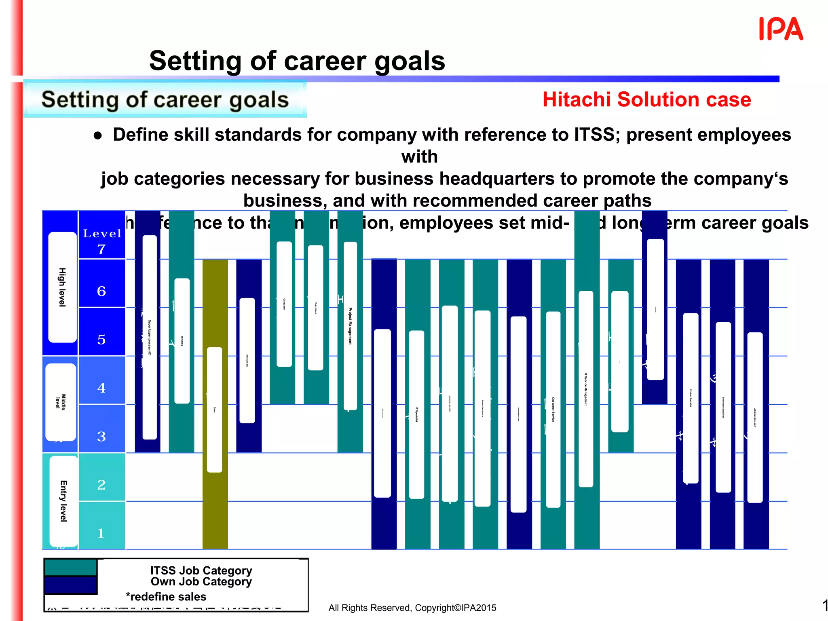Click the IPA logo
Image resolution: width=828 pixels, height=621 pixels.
pos(781,29)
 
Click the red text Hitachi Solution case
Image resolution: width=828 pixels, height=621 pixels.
pos(646,99)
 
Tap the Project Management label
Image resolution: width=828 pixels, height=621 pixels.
pos(350,326)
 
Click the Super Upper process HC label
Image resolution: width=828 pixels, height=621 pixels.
pos(150,338)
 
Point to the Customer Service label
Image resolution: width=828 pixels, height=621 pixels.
pos(553,409)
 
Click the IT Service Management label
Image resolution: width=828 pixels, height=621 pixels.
pos(586,389)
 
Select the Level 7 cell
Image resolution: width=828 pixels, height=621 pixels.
pos(102,242)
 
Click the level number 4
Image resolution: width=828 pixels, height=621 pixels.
pos(101,388)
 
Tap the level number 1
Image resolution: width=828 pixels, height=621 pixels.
pos(101,533)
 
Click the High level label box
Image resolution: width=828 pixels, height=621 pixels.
pos(62,287)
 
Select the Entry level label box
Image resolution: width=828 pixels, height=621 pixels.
pos(63,501)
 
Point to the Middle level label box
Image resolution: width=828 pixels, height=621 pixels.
pos(61,402)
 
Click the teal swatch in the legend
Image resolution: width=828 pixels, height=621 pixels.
pos(70,568)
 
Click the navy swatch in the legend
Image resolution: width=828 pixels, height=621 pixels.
pos(70,585)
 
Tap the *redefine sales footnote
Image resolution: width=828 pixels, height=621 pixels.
pos(166,597)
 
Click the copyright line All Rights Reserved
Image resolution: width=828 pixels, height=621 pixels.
pos(412,608)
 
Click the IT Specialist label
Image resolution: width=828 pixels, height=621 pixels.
pos(416,414)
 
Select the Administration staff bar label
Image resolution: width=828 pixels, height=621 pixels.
pos(755,418)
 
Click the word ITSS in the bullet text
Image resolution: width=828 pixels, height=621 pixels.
pos(595,135)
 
